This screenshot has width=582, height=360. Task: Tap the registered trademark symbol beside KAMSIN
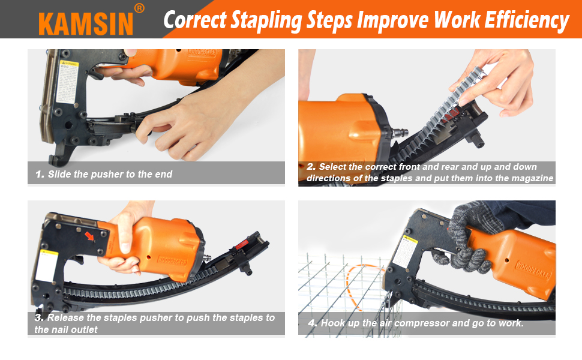coord(139,8)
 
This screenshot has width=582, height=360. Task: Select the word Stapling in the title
coord(262,21)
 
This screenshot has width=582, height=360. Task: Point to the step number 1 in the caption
coord(40,175)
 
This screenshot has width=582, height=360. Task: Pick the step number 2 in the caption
coord(311,167)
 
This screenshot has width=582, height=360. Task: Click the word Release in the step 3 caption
coord(65,317)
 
